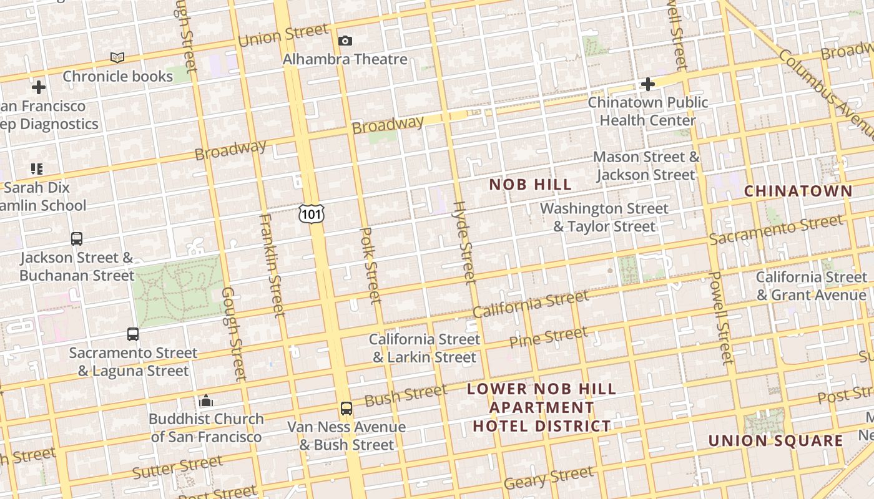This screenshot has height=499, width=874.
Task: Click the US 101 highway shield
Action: point(311,214)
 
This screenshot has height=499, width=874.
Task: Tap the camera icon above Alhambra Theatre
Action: point(345,41)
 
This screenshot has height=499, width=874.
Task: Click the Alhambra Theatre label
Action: point(345,59)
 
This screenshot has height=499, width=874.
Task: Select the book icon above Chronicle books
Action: point(117,58)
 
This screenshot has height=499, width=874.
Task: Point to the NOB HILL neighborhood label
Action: point(530,185)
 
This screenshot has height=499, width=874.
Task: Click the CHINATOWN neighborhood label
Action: point(798,191)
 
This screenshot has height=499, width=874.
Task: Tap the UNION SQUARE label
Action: point(775,441)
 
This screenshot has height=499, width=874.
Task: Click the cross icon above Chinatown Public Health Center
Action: point(648,84)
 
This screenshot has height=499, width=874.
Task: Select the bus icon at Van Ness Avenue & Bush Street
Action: point(346,409)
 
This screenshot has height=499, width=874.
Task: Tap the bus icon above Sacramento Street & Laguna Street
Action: point(133,334)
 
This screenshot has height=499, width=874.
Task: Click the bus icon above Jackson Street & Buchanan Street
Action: point(77,239)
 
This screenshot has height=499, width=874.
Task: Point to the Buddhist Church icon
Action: point(206,400)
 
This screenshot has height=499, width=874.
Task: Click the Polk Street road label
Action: point(370,266)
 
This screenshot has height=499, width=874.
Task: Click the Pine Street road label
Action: point(548,337)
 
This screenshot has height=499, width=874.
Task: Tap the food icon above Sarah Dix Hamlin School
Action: point(37,169)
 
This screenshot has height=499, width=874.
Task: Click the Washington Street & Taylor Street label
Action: point(604,217)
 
